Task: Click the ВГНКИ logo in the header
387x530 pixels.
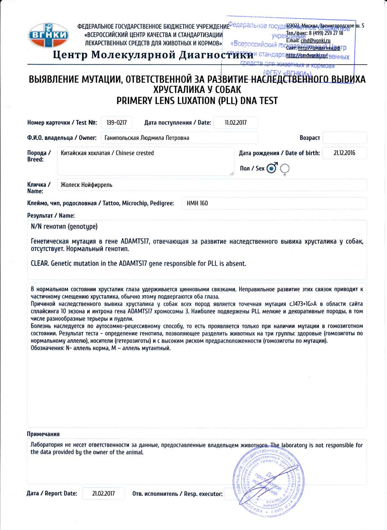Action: pos(48,36)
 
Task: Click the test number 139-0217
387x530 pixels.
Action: pos(116,122)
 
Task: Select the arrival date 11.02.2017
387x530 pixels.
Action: pos(235,122)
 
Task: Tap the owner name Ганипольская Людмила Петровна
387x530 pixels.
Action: pos(147,138)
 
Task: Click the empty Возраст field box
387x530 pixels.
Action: pos(344,138)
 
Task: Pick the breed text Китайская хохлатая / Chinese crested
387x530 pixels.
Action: pos(107,153)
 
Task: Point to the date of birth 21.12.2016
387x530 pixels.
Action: pos(344,153)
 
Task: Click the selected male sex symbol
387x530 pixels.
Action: pos(272,168)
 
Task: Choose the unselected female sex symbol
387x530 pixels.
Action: pos(285,169)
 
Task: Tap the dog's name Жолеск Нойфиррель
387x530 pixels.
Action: pos(86,185)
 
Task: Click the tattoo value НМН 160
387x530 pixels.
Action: pos(197,203)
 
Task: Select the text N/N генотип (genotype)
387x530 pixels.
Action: pos(64,226)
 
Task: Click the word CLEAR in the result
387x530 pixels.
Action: pos(40,263)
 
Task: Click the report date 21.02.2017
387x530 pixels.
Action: pos(103,494)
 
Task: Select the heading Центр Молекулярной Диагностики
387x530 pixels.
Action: pos(153,55)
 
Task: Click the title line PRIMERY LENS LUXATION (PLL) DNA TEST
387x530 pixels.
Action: pos(197,101)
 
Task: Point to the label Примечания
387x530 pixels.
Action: pos(43,434)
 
